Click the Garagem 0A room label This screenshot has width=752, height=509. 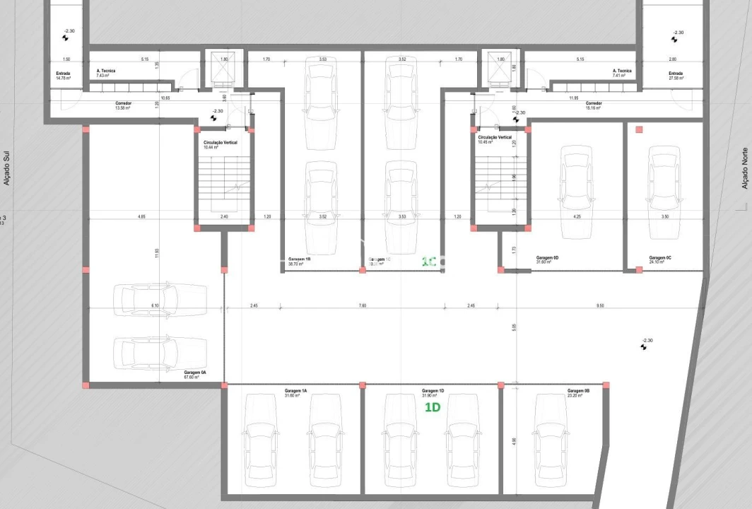194,374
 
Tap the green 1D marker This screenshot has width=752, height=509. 433,408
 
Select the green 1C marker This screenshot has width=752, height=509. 428,261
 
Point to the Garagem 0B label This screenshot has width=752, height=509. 578,392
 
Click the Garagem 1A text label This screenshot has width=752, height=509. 295,392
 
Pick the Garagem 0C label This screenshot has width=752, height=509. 660,259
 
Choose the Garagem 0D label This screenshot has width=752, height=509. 547,259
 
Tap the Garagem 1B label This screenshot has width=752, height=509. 300,261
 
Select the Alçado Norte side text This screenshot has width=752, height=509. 744,168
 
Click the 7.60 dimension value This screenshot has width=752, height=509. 362,306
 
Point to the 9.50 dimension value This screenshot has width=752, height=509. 600,306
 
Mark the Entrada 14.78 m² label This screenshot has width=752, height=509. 64,74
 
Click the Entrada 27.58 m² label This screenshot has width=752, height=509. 676,74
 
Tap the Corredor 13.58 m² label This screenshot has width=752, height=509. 124,105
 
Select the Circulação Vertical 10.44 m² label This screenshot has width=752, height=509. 220,144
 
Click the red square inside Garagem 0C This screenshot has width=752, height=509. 639,129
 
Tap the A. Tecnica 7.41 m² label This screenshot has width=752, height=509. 622,73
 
